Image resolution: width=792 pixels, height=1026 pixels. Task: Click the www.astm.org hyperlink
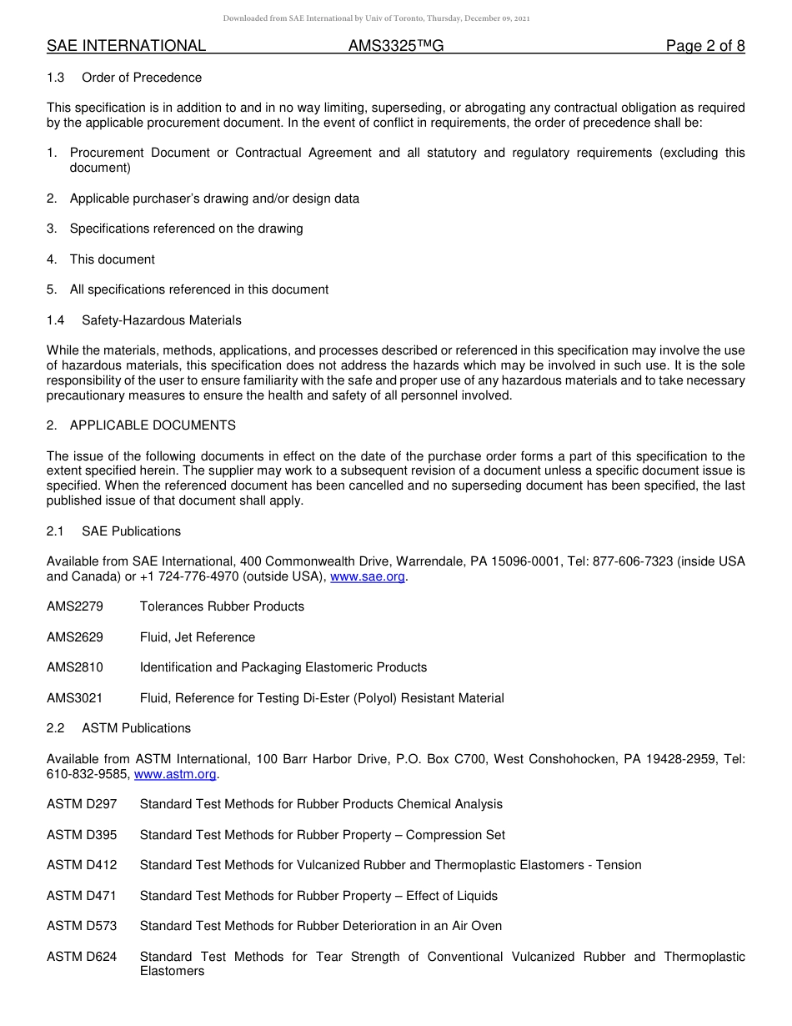[x=175, y=774]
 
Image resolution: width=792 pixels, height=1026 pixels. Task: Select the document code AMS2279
[x=75, y=606]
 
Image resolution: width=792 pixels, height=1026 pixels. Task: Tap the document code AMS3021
[x=75, y=698]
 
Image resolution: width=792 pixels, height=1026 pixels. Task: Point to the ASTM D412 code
[x=82, y=865]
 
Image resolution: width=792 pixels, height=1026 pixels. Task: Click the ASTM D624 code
[x=82, y=957]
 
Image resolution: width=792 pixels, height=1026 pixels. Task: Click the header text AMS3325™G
[x=396, y=46]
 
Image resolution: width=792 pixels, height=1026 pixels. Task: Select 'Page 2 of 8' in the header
[x=704, y=46]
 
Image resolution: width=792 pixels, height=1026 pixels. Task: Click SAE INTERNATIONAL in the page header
[x=126, y=46]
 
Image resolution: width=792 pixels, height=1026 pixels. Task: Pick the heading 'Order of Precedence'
[x=142, y=78]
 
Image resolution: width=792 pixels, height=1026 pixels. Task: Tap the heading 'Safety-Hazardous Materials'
[x=162, y=320]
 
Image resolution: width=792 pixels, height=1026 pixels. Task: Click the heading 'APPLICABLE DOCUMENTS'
[x=153, y=425]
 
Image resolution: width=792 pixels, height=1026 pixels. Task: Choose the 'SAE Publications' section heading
[x=131, y=531]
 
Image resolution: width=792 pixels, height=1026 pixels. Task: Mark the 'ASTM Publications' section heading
[x=136, y=728]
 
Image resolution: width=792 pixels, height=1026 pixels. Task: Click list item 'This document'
[x=112, y=259]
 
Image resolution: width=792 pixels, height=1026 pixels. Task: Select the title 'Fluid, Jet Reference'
[x=198, y=637]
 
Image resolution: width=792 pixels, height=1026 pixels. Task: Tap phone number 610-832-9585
[x=88, y=774]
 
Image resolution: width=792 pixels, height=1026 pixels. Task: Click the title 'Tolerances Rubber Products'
[x=222, y=606]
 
